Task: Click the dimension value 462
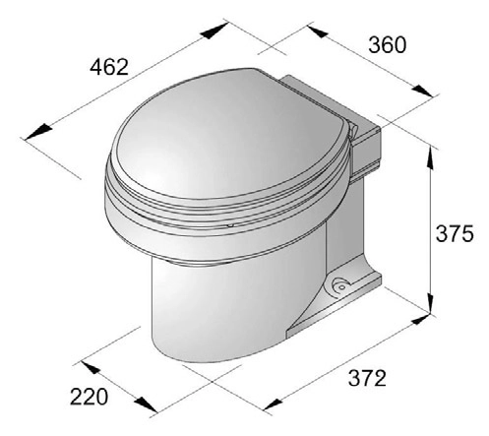109,67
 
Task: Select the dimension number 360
388,45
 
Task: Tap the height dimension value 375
455,233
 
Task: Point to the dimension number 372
367,378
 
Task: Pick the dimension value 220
89,397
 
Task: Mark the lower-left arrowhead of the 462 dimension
38,131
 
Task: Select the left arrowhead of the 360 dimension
318,31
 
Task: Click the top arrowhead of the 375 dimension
429,158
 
